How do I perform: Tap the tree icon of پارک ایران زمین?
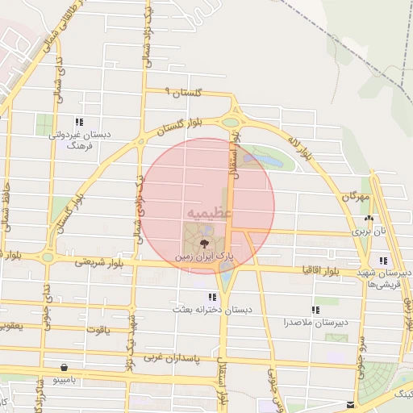pos(202,240)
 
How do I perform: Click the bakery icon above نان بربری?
pos(369,218)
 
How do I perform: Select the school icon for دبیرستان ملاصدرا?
pos(315,310)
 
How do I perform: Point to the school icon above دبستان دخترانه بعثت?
pos(212,297)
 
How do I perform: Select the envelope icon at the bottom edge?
pos(349,405)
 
